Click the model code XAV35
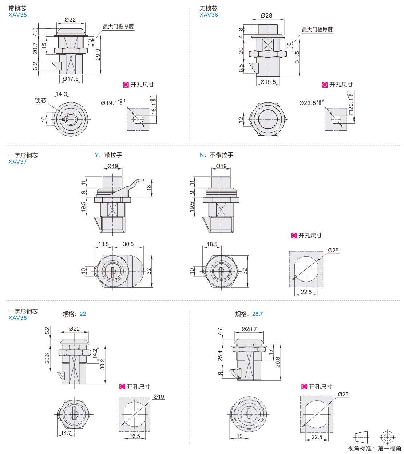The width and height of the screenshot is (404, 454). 17,15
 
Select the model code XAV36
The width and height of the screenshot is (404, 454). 209,15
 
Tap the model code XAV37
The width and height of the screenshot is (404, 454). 17,162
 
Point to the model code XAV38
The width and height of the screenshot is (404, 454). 17,318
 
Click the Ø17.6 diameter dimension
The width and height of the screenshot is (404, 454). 71,78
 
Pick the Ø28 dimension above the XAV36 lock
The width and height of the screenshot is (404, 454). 266,15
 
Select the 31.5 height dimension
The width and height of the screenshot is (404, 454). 297,57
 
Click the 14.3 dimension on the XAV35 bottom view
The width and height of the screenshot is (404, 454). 61,94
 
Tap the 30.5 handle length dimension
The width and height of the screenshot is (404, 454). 128,244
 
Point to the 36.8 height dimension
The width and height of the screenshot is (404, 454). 277,362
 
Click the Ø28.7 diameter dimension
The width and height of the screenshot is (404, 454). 249,329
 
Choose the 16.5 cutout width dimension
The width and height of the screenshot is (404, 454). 135,436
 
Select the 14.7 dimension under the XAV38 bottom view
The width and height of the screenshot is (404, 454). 66,433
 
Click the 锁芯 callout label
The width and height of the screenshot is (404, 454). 40,101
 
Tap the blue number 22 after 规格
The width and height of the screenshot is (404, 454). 83,314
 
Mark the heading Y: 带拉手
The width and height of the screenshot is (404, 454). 108,155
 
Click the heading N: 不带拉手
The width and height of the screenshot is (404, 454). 217,155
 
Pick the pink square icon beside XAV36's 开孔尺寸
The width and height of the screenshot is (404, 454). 325,85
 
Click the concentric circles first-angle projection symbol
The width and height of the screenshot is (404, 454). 387,437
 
